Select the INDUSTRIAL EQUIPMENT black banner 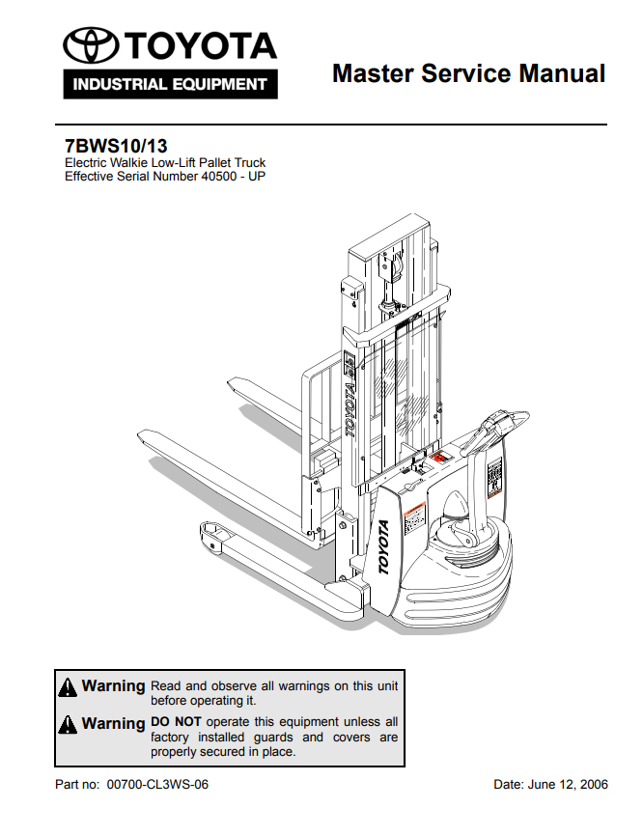click(x=170, y=84)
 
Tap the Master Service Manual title click(x=468, y=73)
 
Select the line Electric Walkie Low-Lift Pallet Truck click(x=164, y=163)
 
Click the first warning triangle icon click(x=68, y=687)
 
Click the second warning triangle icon click(x=68, y=724)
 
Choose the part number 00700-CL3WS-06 click(x=157, y=785)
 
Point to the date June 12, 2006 click(x=569, y=785)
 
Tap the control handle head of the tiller click(x=504, y=423)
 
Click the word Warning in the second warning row click(x=113, y=723)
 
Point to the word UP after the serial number click(x=256, y=177)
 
